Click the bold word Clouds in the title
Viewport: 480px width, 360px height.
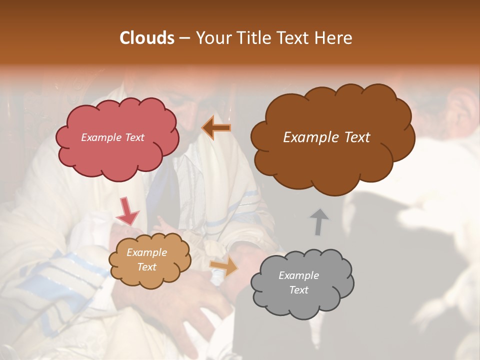[x=147, y=38]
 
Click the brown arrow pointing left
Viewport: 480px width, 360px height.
[x=216, y=128]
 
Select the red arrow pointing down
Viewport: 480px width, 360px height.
[x=127, y=211]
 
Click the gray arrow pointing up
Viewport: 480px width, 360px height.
[x=318, y=221]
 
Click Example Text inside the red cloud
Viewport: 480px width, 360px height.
[x=112, y=137]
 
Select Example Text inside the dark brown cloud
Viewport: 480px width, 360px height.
[x=326, y=137]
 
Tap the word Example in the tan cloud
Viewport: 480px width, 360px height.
[x=146, y=252]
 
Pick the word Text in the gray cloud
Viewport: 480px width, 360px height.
[x=299, y=290]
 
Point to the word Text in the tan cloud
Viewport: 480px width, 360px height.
[x=146, y=267]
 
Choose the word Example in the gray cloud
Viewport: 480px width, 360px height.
[x=298, y=275]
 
